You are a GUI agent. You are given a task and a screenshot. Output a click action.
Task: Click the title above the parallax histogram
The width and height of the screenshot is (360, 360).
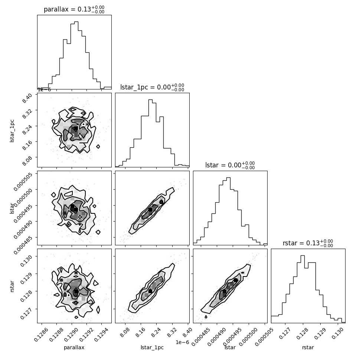[74, 9]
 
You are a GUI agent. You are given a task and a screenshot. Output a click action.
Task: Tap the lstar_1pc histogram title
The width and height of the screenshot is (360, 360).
[152, 87]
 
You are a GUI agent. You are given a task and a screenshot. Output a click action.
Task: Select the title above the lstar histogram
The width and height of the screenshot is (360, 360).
[230, 165]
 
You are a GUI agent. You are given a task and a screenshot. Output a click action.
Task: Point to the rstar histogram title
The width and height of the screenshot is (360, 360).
[308, 243]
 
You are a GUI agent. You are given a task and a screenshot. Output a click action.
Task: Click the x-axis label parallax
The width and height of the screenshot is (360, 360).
[74, 348]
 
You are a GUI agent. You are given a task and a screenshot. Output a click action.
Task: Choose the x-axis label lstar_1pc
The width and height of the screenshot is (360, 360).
[152, 348]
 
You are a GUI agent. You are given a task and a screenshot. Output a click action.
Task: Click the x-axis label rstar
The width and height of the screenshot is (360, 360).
[308, 348]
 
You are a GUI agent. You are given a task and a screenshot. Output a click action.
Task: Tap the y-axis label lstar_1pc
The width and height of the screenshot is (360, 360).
[12, 131]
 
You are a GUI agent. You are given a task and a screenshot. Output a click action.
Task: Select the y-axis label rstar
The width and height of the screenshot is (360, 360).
[12, 286]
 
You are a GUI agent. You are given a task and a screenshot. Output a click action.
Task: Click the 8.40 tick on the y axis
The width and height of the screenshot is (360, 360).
[27, 98]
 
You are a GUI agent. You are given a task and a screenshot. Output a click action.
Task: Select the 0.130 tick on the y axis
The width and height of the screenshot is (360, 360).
[26, 260]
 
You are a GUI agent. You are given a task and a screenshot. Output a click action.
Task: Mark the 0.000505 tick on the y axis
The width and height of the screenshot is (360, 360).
[23, 181]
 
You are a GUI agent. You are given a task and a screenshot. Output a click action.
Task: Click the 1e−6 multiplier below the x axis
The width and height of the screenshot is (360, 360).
[182, 342]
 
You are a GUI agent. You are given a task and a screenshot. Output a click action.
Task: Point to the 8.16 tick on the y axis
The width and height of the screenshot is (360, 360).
[27, 145]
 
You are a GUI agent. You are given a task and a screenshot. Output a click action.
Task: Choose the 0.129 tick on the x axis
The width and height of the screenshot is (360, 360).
[320, 334]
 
